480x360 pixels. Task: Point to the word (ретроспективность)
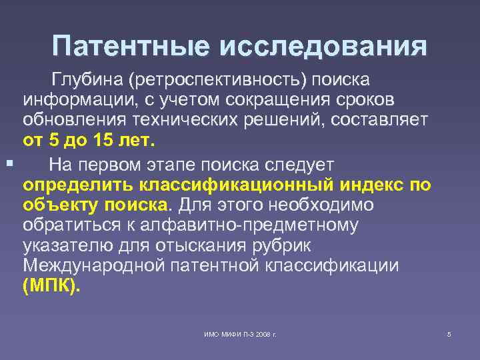219,81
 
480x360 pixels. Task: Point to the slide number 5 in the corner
449,333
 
